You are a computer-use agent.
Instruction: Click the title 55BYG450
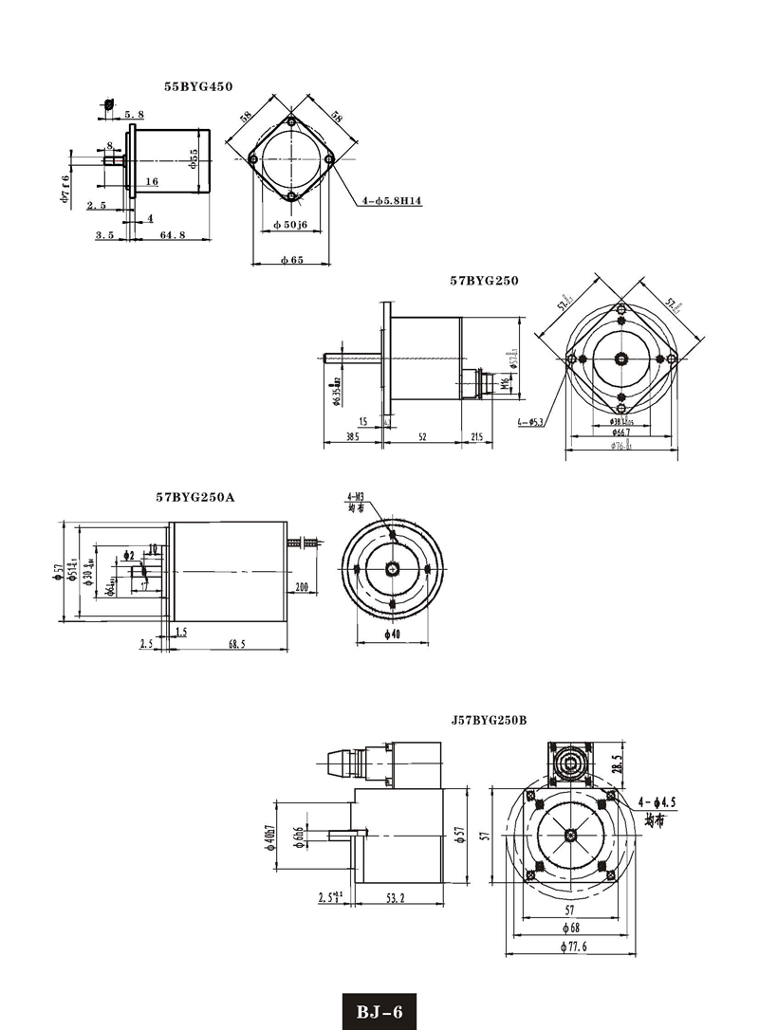197,86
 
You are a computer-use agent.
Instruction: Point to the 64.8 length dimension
172,234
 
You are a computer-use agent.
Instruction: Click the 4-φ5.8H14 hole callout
393,201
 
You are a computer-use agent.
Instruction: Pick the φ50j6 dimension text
291,223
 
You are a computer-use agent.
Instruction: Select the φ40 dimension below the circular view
393,634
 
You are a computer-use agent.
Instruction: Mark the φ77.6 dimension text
576,947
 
